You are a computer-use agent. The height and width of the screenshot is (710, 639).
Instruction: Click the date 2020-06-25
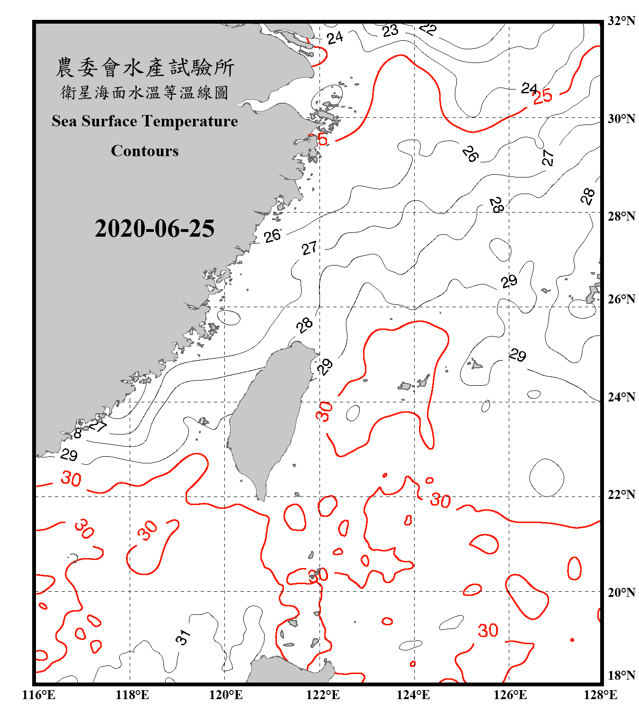154,229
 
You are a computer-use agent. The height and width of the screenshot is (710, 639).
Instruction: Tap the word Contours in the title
145,151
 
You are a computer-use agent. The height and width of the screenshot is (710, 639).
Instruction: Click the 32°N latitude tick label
621,21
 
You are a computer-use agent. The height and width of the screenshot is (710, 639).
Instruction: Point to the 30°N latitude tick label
621,119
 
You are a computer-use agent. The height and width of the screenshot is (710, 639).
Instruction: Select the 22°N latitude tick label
621,495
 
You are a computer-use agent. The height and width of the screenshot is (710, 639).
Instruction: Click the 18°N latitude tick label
621,675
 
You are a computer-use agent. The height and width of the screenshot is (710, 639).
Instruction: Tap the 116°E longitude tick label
39,695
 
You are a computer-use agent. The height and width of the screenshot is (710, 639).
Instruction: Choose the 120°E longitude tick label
226,695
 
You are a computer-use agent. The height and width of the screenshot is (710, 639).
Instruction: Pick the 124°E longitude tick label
413,695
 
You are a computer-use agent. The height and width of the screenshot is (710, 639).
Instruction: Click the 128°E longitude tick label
600,695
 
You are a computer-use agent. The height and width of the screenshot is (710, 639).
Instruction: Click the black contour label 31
183,637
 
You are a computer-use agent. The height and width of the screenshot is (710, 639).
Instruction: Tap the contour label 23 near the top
390,31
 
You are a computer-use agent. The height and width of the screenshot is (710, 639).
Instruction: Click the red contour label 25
542,97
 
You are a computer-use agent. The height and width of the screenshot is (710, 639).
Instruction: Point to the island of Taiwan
267,417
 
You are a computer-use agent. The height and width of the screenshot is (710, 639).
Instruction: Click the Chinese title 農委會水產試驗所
145,68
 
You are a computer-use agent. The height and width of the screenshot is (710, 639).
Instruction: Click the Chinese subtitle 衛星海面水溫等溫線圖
145,93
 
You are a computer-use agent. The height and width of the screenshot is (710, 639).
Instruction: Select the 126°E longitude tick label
510,695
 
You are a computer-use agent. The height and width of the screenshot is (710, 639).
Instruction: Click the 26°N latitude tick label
621,299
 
